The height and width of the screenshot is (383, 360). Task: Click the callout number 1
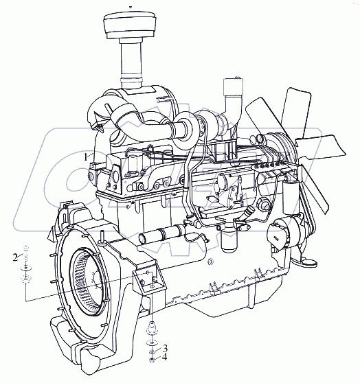85,157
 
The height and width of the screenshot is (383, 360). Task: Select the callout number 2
16,257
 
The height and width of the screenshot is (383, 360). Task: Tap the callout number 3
165,347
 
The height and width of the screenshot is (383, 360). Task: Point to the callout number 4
165,358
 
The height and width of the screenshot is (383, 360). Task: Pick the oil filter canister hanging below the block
229,240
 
